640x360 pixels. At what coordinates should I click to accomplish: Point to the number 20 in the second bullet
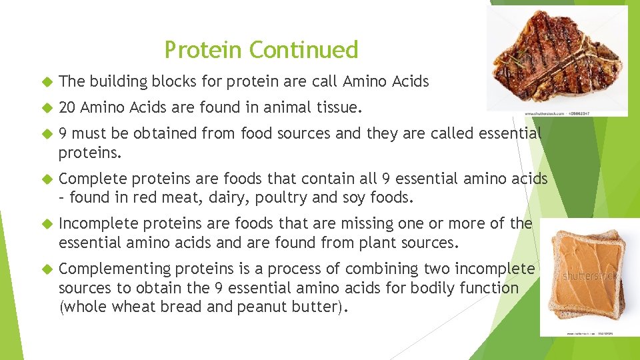tap(67, 108)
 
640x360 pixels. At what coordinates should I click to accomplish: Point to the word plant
tap(371, 243)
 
